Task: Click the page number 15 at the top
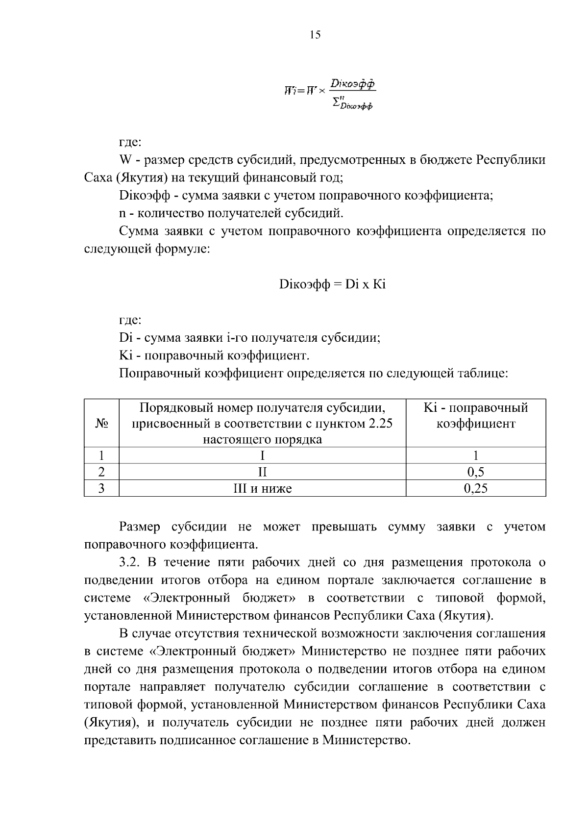coord(315,35)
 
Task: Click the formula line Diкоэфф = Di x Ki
coord(332,284)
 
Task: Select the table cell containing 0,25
coord(475,488)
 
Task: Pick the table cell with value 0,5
coord(475,472)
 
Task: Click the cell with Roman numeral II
coord(262,472)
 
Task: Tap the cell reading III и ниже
coord(262,488)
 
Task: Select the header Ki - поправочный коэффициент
coord(475,416)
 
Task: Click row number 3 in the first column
coord(101,488)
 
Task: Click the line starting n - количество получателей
coord(231,213)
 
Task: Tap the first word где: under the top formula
coord(130,143)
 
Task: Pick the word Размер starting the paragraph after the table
coord(140,527)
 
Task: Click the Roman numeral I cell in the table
coord(262,456)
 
